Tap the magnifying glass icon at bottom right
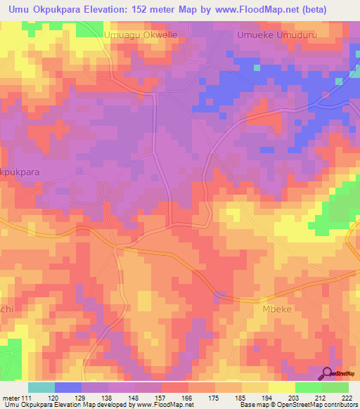click(x=328, y=374)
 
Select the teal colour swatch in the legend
click(x=41, y=387)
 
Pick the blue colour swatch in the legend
click(x=68, y=387)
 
